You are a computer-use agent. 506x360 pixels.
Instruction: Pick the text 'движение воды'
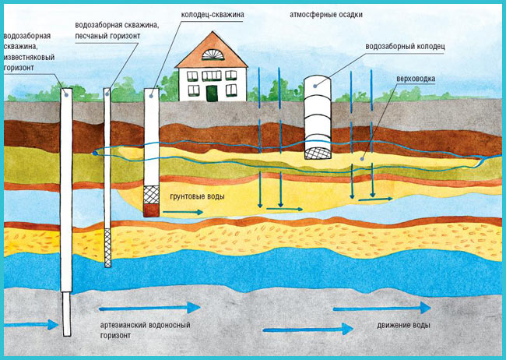399,324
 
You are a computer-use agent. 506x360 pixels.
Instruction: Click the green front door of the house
212,94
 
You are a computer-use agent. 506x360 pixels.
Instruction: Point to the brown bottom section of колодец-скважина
153,210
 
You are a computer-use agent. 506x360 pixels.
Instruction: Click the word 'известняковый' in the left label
29,57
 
